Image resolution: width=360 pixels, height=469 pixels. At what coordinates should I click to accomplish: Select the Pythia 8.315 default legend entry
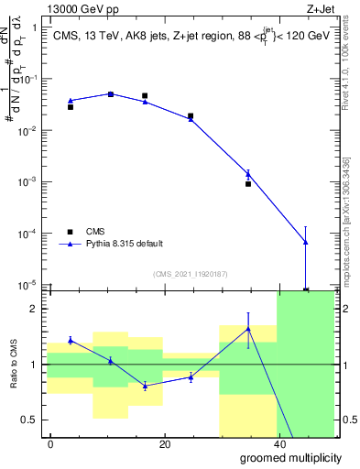point(125,245)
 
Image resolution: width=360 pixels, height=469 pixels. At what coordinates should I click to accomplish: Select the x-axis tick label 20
point(164,443)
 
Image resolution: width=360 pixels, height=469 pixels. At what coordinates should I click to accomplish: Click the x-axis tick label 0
point(50,443)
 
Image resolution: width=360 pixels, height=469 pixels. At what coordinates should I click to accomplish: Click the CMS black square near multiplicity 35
point(248,184)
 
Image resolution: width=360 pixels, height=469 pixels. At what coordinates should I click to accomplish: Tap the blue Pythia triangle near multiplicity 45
point(305,242)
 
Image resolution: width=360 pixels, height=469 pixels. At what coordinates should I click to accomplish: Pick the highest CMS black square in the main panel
point(110,94)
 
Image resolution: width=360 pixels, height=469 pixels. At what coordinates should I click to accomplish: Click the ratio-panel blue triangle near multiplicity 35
point(248,330)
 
